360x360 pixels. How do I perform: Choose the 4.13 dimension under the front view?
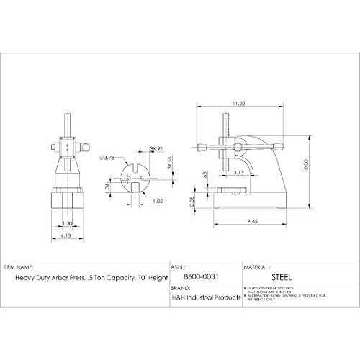[x=66, y=235]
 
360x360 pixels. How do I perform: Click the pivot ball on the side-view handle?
[x=237, y=147]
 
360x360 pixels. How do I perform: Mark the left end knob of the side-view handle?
[x=205, y=147]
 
